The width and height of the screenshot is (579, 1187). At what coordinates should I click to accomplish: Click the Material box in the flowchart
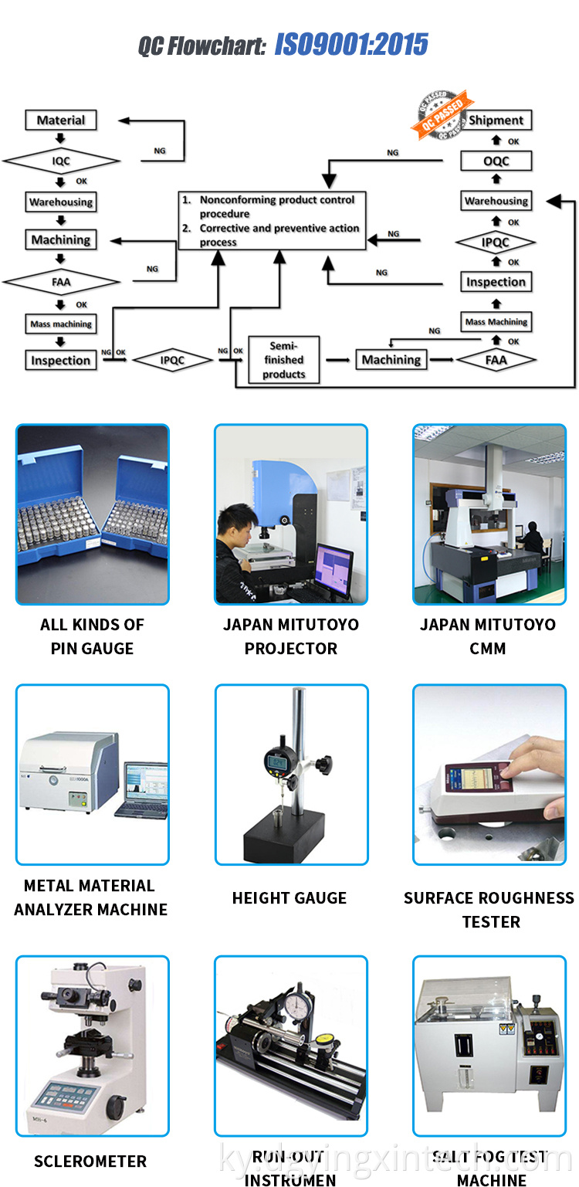61,120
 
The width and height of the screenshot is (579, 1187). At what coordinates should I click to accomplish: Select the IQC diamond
61,161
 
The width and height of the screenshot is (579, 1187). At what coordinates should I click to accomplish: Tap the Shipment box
496,120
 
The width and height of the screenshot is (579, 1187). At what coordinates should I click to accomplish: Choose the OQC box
496,161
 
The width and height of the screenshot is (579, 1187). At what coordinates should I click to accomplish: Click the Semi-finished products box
283,360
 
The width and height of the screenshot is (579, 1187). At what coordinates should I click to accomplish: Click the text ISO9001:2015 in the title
351,46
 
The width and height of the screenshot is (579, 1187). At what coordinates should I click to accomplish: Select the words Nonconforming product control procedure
276,206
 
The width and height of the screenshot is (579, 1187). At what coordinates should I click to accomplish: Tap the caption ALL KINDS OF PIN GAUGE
92,636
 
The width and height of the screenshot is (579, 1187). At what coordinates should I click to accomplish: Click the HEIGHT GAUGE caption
289,897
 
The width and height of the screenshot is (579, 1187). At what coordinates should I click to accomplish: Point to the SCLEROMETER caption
90,1161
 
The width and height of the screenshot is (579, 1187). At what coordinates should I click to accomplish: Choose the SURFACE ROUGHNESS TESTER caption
489,909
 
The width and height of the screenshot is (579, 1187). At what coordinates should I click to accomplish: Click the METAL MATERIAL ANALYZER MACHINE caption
90,897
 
